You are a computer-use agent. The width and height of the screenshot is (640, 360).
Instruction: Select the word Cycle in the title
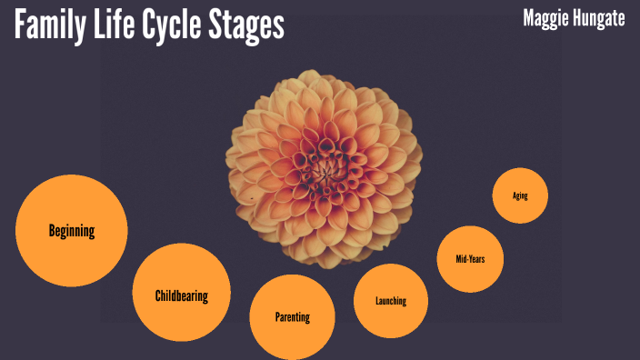pyautogui.click(x=180, y=26)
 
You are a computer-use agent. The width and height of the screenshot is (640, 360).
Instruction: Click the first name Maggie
pyautogui.click(x=545, y=18)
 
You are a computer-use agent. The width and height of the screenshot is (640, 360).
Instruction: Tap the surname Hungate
pyautogui.click(x=598, y=18)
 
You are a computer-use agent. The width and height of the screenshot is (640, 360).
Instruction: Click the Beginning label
pyautogui.click(x=72, y=231)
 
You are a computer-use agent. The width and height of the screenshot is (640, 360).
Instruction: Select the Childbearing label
pyautogui.click(x=182, y=295)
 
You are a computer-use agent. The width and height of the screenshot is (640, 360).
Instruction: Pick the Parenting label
pyautogui.click(x=293, y=317)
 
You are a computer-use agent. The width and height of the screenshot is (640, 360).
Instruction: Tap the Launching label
pyautogui.click(x=391, y=301)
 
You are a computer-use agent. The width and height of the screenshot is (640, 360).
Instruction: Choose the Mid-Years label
pyautogui.click(x=470, y=259)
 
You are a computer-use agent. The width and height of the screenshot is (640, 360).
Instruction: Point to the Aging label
pyautogui.click(x=520, y=195)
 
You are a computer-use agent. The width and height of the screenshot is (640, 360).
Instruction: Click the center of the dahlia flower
pyautogui.click(x=323, y=167)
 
